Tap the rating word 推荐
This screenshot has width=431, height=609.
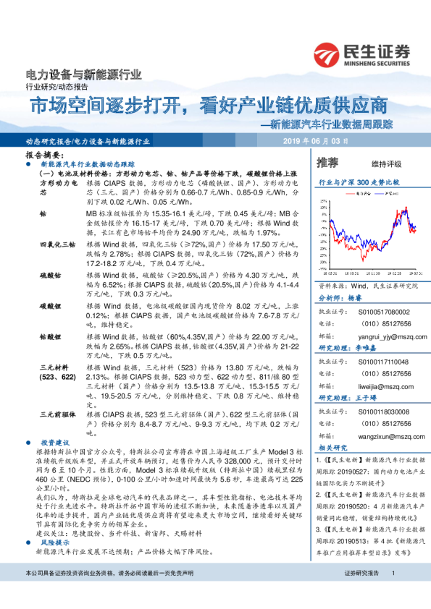(328, 163)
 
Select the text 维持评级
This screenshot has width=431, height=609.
(386, 163)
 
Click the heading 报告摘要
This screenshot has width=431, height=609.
(41, 156)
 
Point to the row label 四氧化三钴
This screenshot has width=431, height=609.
(55, 247)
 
